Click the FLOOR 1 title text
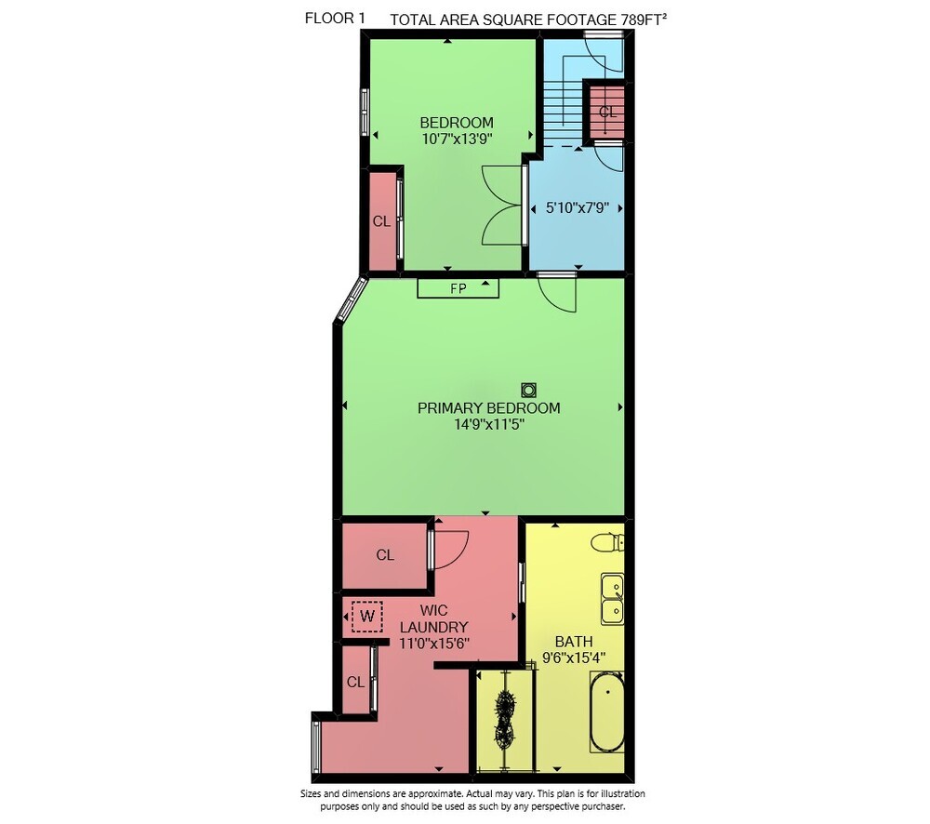(335, 19)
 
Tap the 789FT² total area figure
(644, 20)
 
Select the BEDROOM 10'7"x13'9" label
(457, 130)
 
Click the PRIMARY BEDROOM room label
(489, 408)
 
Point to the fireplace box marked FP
(458, 288)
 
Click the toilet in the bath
(608, 542)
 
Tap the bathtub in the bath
(606, 711)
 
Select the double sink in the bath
(612, 598)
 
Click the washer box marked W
(367, 617)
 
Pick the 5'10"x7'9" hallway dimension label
(578, 208)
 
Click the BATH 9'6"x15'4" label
(574, 649)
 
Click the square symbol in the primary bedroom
(528, 390)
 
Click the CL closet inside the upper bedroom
(382, 221)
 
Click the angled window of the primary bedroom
(352, 299)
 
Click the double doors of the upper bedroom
(503, 206)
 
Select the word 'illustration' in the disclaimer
(623, 793)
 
